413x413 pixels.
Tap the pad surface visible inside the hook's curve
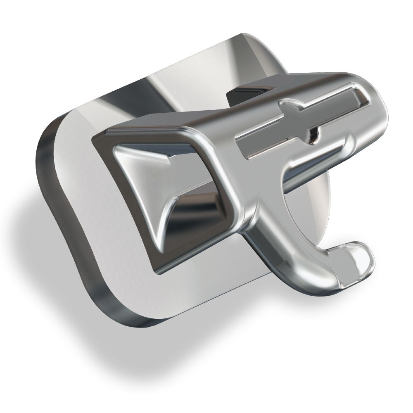[318, 231]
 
